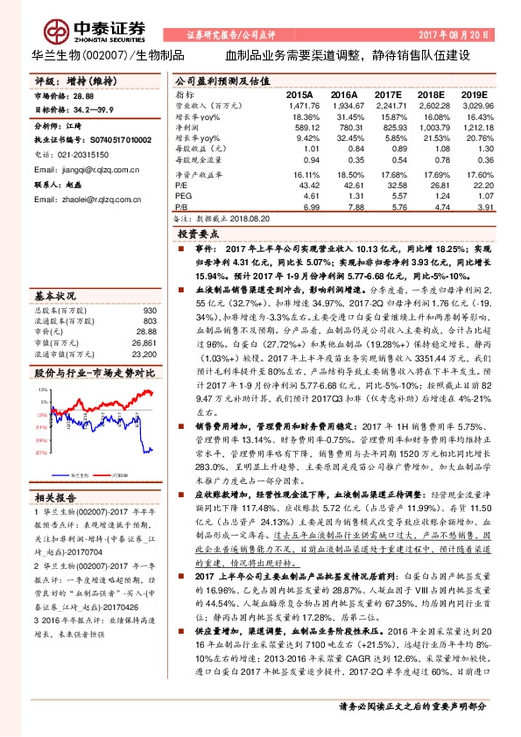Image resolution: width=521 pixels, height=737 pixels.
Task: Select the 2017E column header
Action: [386, 94]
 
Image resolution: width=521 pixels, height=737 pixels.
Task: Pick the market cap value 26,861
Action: [144, 320]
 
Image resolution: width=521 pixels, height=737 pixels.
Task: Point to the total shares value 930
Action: [149, 286]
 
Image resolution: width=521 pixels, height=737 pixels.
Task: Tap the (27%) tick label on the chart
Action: [40, 453]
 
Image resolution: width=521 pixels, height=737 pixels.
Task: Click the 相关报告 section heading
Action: [56, 498]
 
